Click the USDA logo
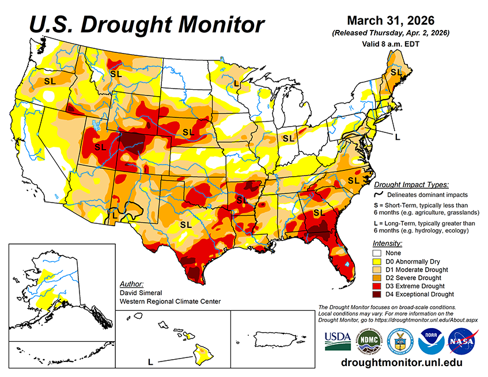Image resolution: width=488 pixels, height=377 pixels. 338,341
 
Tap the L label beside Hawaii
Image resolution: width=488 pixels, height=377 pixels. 150,362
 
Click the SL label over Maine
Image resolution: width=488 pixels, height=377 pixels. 396,73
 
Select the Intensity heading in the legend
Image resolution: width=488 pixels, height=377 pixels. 388,243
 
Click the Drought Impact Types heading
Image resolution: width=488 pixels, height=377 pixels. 411,185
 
